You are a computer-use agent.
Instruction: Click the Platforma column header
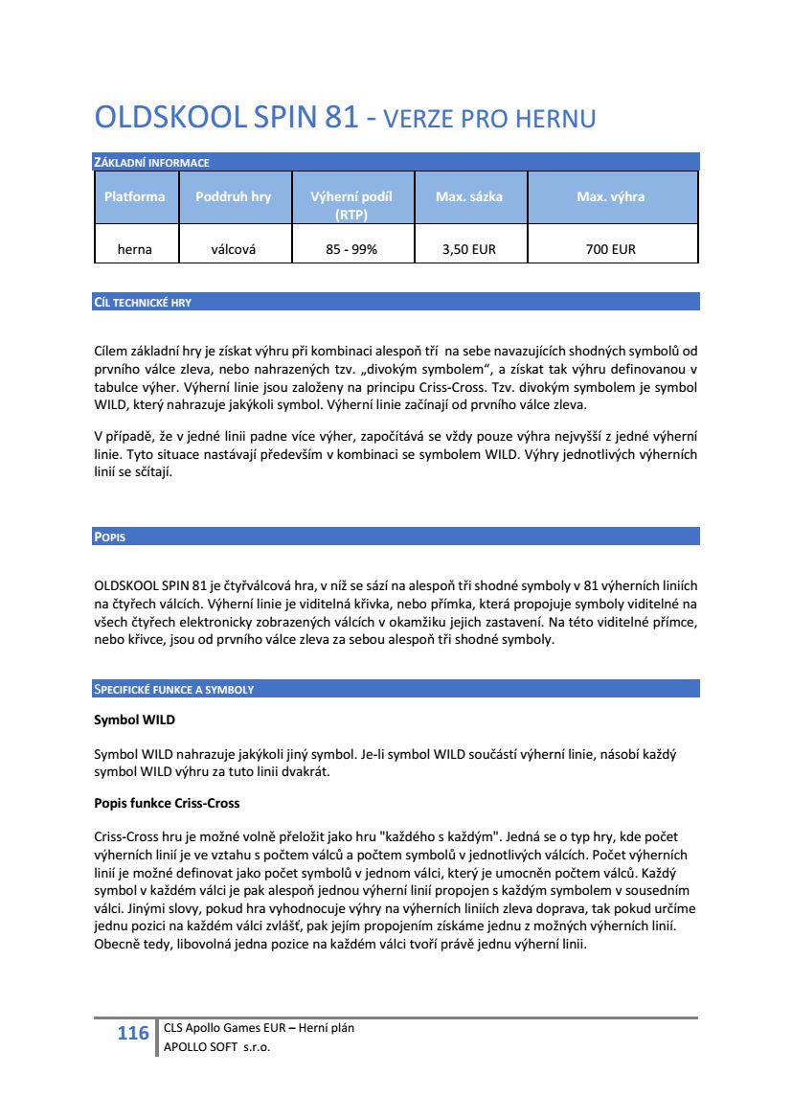click(134, 196)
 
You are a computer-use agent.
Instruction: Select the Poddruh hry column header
click(233, 196)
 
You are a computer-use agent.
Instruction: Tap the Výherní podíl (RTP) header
click(351, 205)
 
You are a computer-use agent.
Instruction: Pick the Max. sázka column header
click(469, 196)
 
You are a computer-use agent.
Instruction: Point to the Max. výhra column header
click(610, 196)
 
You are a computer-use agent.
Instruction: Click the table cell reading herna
click(134, 249)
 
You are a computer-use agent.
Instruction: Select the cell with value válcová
click(233, 249)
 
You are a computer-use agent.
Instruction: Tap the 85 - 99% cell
click(351, 249)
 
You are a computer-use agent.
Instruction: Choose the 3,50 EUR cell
click(469, 249)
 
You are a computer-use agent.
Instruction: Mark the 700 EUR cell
click(610, 249)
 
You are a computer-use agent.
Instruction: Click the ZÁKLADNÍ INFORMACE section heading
click(151, 163)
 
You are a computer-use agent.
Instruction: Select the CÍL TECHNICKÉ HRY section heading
click(143, 303)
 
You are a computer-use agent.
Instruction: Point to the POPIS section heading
click(109, 537)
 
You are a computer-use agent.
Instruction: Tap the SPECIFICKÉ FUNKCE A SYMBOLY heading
click(173, 690)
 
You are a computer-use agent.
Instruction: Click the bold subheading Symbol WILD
click(134, 719)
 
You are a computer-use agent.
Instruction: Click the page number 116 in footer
click(133, 1033)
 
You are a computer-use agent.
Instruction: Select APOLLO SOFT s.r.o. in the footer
click(217, 1047)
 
